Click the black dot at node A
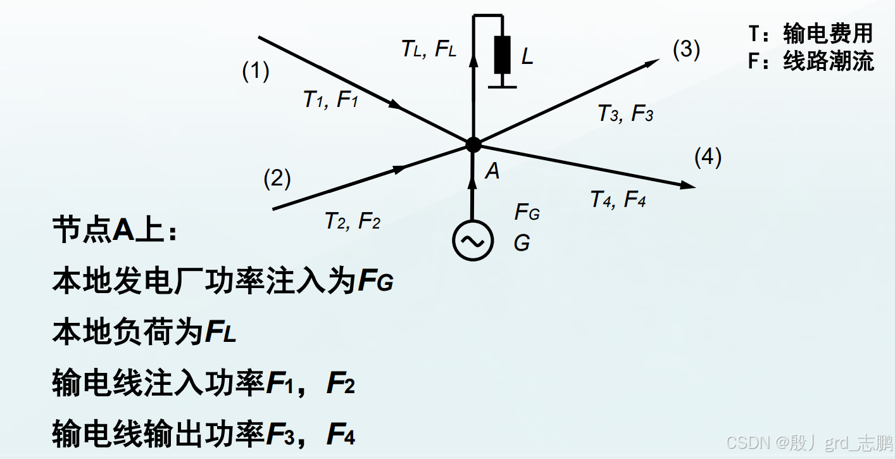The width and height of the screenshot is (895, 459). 473,144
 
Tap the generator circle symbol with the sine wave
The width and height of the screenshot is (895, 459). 473,240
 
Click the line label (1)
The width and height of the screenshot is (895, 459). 256,71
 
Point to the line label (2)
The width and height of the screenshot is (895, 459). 277,179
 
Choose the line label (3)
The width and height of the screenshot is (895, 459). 686,49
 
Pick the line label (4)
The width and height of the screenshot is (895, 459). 708,157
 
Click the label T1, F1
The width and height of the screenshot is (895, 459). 330,99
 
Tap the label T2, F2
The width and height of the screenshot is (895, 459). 352,221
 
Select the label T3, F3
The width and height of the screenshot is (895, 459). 625,113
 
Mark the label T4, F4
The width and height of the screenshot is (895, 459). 618,199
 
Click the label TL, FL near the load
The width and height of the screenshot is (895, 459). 429,49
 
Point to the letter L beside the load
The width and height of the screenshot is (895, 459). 527,58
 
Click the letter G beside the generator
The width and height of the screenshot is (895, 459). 522,242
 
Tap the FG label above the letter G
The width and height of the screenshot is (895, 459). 527,212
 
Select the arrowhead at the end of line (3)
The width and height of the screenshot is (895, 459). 654,61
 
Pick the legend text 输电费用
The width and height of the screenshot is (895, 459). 828,33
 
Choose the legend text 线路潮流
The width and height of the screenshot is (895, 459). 828,61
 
